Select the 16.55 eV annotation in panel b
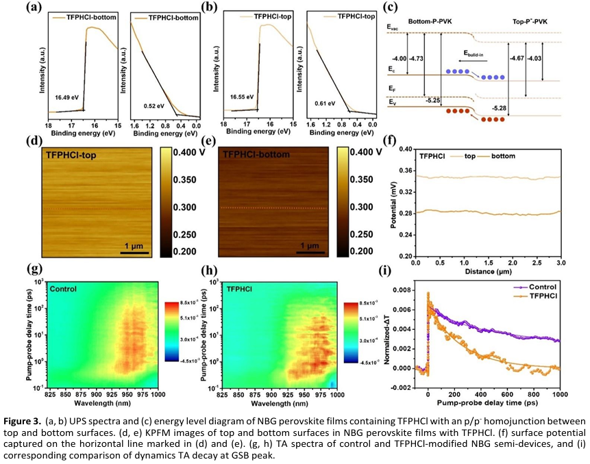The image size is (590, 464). point(239,97)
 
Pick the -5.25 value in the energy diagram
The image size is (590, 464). point(434,100)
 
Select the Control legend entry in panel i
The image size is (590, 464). point(545,287)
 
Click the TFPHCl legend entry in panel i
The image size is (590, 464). point(545,296)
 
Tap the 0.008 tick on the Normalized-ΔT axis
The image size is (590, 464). point(404,290)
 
